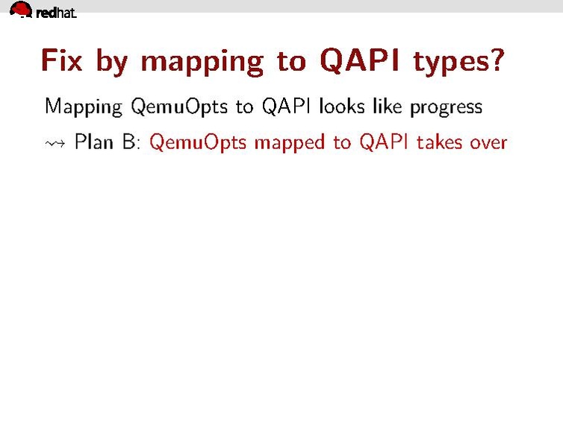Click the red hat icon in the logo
[x=21, y=10]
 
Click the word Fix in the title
[x=61, y=60]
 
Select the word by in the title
[x=112, y=62]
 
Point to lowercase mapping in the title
[x=202, y=63]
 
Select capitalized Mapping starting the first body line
[x=83, y=107]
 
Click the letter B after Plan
[x=129, y=142]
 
